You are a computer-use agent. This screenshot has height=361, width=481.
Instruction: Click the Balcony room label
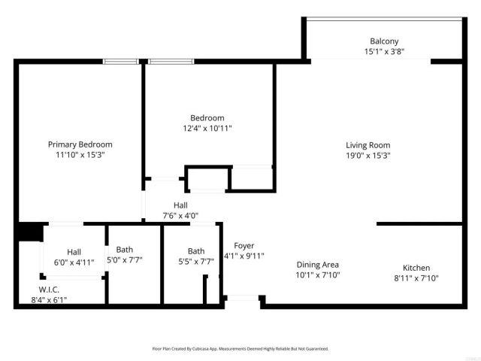click(383, 41)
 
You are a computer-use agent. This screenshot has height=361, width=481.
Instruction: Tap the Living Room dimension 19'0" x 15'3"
click(368, 156)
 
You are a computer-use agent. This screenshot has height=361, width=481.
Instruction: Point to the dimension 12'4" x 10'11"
click(207, 129)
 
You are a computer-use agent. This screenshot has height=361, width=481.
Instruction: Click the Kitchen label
click(416, 268)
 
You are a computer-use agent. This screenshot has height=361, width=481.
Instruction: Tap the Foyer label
click(244, 246)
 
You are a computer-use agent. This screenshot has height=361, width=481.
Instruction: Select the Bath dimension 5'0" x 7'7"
click(124, 260)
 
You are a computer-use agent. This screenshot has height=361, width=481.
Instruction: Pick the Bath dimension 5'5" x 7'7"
click(196, 262)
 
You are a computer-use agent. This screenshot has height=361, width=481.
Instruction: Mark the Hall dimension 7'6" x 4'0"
click(180, 215)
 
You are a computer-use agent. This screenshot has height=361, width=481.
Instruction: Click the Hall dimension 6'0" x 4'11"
click(74, 262)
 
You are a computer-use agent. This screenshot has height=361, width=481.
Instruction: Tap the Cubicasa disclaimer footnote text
click(240, 349)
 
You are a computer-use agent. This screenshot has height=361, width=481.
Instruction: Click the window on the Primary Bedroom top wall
click(120, 61)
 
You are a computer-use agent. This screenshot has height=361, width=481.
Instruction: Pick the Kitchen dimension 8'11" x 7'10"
click(416, 278)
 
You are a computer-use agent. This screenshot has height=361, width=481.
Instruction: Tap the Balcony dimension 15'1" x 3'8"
click(383, 52)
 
